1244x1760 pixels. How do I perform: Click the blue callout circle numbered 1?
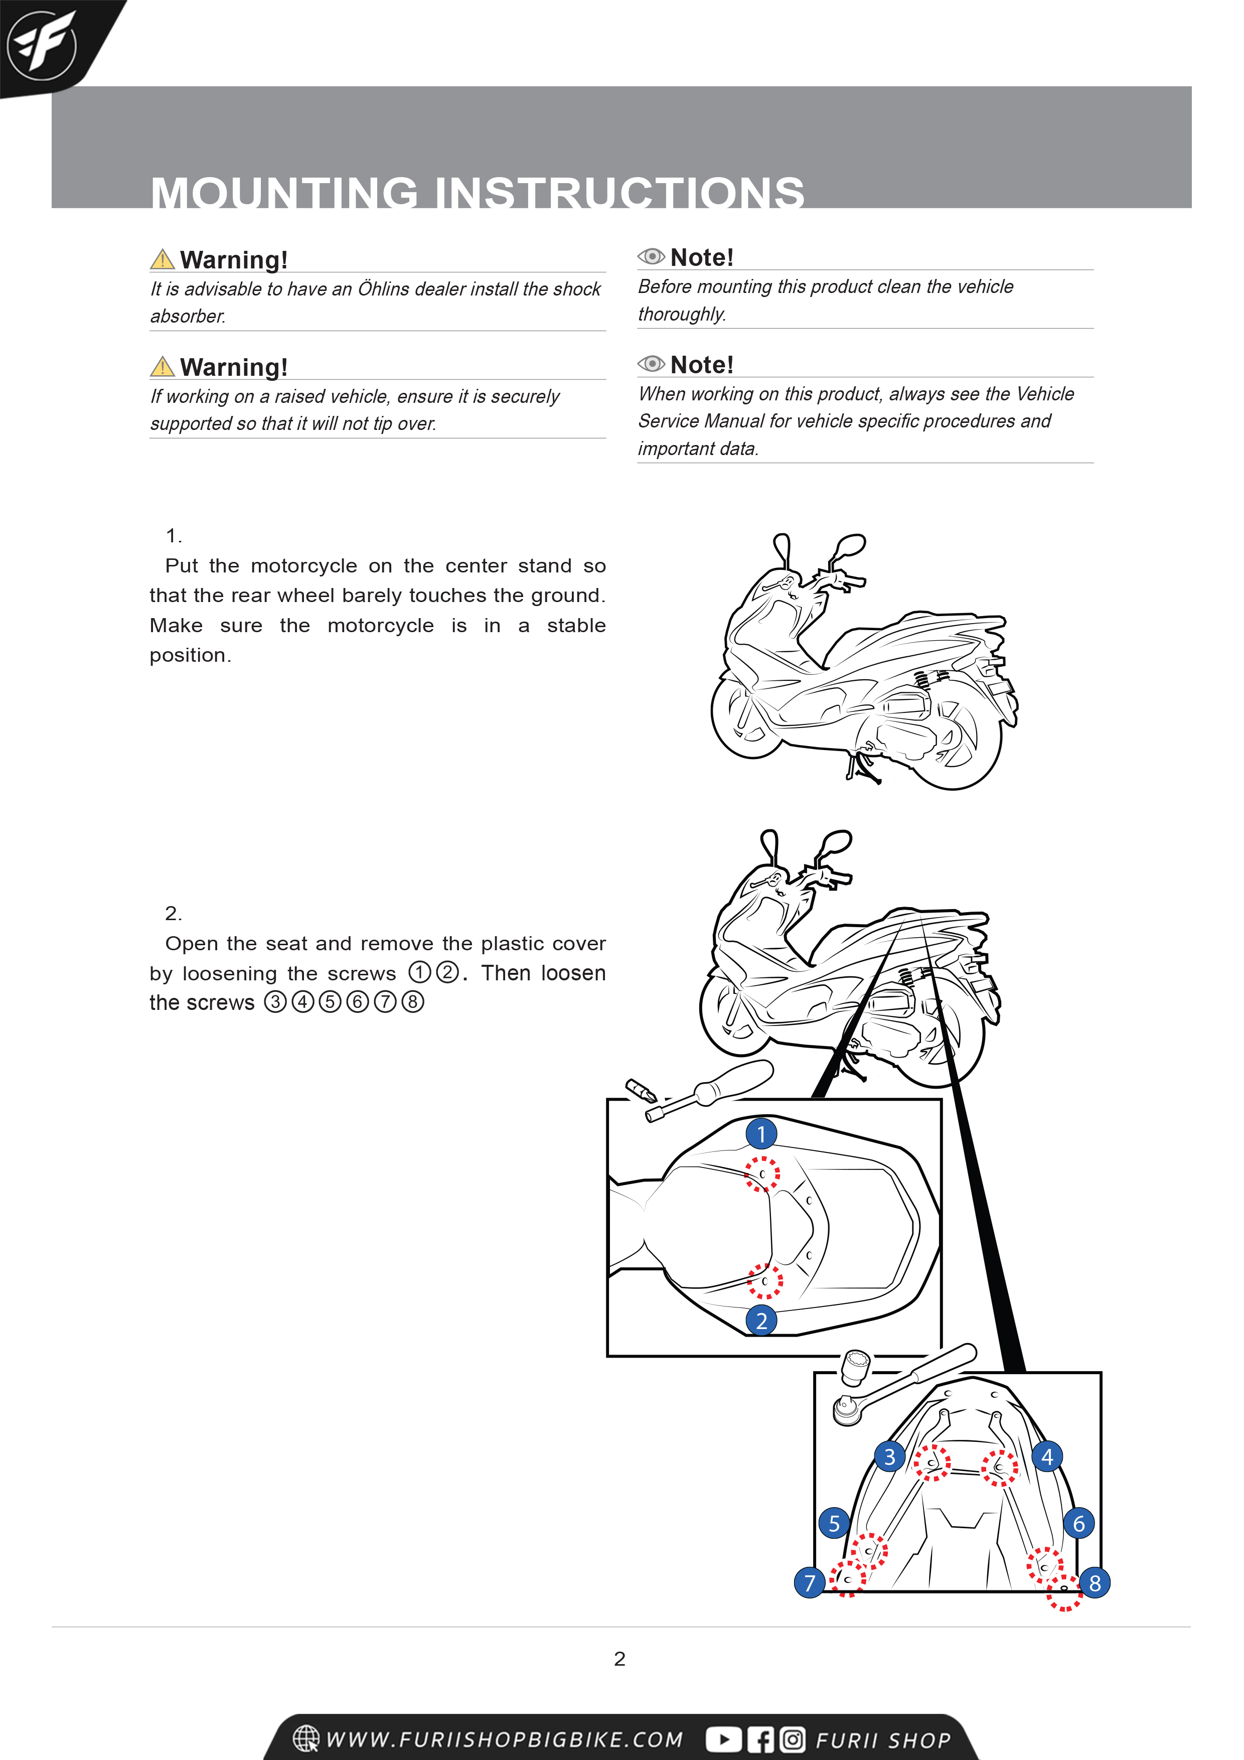coord(761,1134)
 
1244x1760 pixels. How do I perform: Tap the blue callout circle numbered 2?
coord(761,1320)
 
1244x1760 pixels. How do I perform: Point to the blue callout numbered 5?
coord(834,1523)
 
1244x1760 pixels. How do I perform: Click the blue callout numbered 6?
coord(1078,1523)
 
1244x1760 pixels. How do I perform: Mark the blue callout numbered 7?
coord(810,1582)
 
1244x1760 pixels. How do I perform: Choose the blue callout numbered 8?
coord(1095,1582)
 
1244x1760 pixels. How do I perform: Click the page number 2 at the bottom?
coord(620,1659)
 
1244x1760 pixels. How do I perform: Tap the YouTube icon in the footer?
coord(723,1739)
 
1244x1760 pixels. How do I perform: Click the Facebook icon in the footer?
coord(760,1739)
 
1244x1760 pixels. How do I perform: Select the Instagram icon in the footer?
coord(793,1739)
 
